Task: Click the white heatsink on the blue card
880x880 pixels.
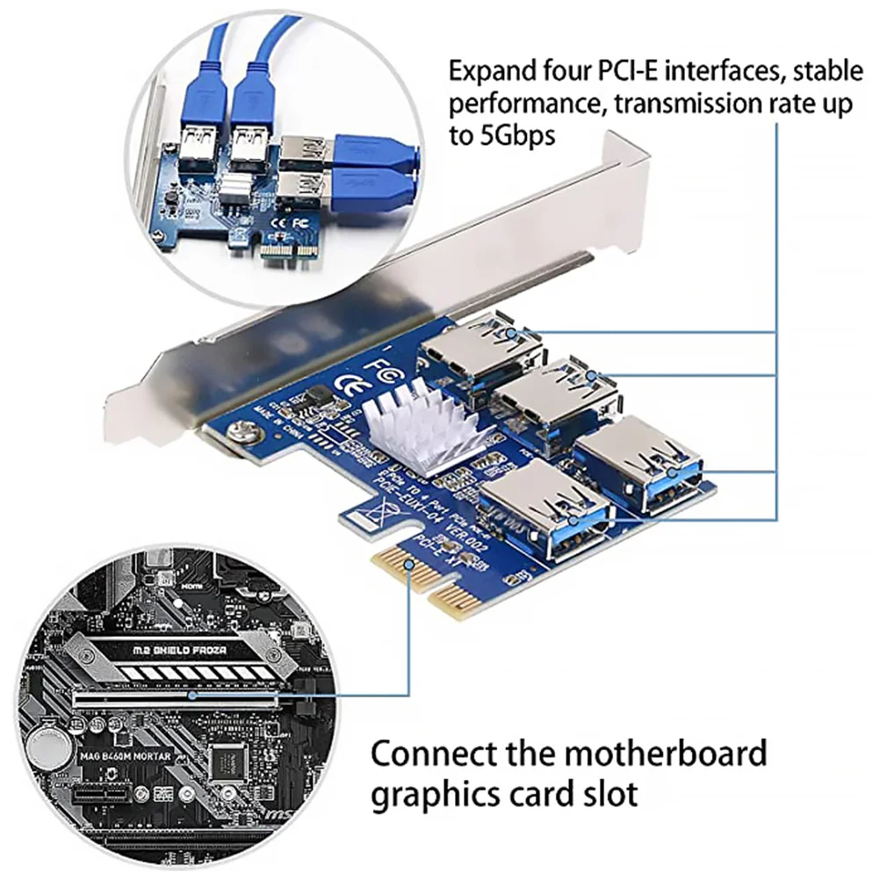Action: coord(422,428)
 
